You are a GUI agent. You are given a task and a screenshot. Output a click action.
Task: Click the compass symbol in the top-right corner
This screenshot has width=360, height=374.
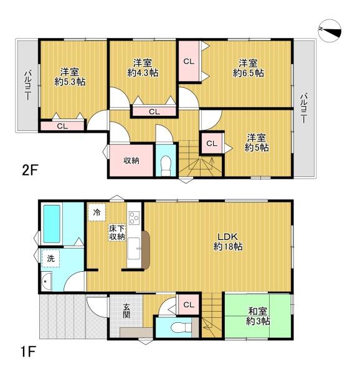point(330,29)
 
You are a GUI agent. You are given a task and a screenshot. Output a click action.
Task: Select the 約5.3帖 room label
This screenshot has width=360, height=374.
point(69,75)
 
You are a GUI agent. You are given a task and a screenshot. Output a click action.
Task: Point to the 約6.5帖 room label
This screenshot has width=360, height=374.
point(249,67)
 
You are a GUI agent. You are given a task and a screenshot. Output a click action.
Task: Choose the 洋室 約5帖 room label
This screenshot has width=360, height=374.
point(256,141)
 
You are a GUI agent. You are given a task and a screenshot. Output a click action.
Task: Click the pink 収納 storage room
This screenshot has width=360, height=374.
point(131,160)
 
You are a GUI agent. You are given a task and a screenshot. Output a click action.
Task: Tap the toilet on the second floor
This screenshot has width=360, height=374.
point(165,165)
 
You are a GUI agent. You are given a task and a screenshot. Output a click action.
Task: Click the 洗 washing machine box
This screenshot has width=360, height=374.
point(50,257)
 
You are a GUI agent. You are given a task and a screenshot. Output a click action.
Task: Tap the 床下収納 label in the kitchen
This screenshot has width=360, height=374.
point(117,233)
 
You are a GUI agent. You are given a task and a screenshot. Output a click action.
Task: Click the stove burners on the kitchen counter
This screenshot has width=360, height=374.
point(134,219)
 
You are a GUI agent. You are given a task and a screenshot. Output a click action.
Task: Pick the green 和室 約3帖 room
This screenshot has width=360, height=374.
point(257,317)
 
